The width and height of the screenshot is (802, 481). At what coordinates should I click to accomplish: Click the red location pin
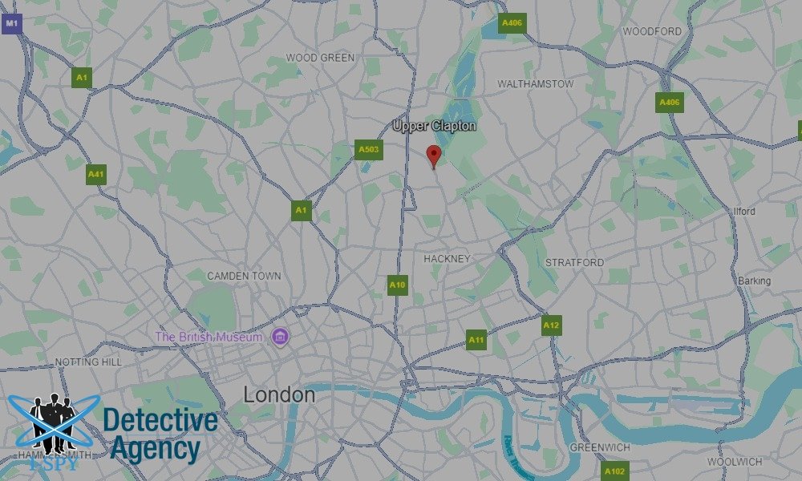(x=434, y=156)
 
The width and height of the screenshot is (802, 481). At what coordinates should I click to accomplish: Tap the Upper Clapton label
(x=434, y=126)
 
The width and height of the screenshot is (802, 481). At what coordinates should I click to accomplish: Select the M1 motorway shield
(x=11, y=24)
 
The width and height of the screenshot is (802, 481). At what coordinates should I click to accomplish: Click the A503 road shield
(x=369, y=149)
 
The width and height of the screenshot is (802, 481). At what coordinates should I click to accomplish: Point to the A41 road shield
(x=96, y=173)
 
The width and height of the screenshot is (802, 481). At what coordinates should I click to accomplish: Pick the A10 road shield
(x=398, y=285)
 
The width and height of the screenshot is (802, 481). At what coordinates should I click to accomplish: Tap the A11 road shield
(x=476, y=340)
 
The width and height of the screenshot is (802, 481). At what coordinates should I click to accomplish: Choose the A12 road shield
(x=551, y=325)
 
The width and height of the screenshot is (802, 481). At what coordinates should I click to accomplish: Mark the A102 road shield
(x=614, y=471)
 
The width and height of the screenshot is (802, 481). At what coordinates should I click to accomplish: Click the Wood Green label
(x=320, y=58)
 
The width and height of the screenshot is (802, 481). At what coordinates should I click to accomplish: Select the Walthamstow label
(x=535, y=83)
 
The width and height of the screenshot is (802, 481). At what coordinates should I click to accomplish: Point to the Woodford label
(x=651, y=31)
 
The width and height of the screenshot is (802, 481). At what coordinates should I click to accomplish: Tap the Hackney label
(x=446, y=258)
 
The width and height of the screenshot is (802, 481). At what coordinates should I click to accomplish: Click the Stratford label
(x=574, y=262)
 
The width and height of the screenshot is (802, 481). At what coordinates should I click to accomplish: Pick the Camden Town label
(x=244, y=276)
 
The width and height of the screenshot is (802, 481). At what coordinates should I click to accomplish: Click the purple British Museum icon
(x=280, y=336)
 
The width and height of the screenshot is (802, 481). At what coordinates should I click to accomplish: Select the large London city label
(x=279, y=394)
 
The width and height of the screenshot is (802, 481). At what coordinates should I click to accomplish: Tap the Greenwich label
(x=599, y=447)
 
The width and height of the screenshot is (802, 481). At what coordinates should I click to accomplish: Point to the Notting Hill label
(x=88, y=362)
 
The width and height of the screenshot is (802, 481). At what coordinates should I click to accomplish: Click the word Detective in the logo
(x=160, y=420)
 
